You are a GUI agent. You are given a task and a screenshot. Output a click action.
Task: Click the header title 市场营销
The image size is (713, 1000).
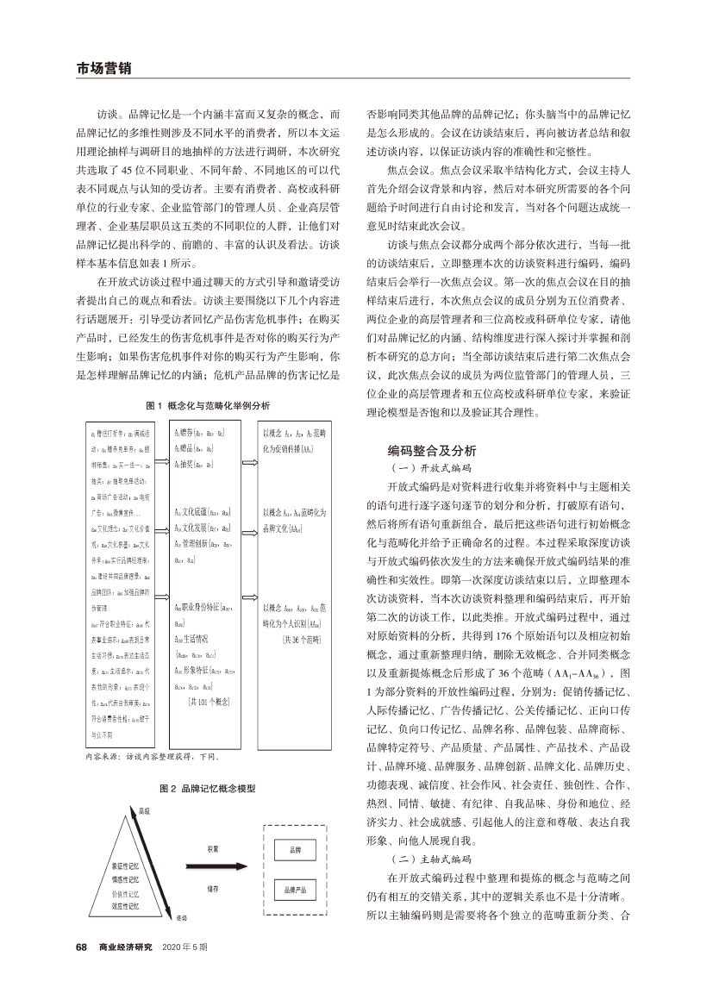(98, 66)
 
